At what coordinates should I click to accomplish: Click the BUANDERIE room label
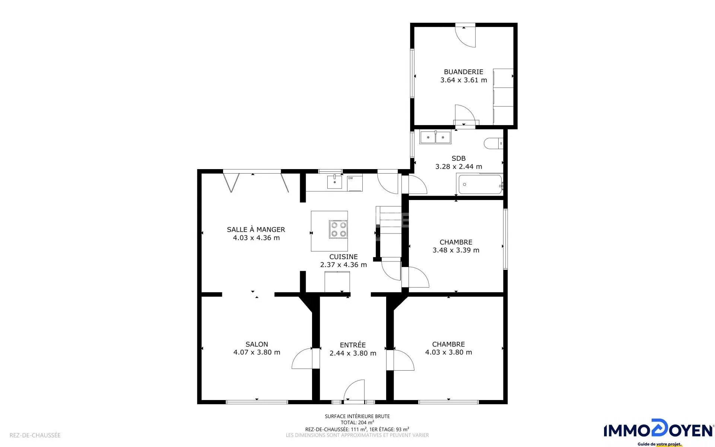pyautogui.click(x=463, y=72)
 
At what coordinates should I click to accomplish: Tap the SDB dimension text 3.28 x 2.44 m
pyautogui.click(x=459, y=167)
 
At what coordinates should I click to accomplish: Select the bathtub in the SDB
pyautogui.click(x=480, y=184)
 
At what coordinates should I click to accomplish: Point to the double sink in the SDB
pyautogui.click(x=435, y=137)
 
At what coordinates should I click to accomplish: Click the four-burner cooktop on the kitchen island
pyautogui.click(x=339, y=229)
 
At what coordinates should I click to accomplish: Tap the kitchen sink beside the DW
pyautogui.click(x=334, y=182)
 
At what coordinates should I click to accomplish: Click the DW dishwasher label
pyautogui.click(x=350, y=178)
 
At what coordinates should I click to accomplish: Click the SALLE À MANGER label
pyautogui.click(x=256, y=229)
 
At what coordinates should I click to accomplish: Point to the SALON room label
pyautogui.click(x=257, y=344)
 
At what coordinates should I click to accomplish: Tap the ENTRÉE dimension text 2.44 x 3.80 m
pyautogui.click(x=353, y=353)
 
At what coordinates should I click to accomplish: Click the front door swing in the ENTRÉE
pyautogui.click(x=354, y=391)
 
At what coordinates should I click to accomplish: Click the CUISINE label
pyautogui.click(x=343, y=257)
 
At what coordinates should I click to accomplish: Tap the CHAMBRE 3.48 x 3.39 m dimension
pyautogui.click(x=456, y=250)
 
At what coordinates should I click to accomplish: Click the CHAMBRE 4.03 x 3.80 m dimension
pyautogui.click(x=449, y=352)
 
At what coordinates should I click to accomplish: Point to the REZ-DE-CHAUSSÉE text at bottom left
pyautogui.click(x=35, y=435)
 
